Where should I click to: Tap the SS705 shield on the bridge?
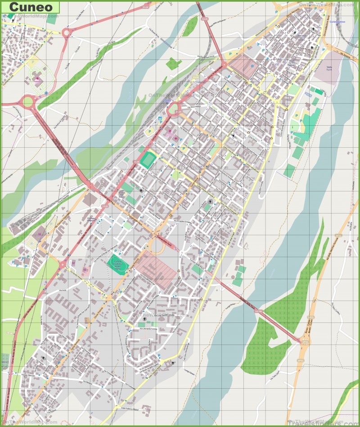point(258,311)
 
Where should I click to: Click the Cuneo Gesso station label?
point(337,22)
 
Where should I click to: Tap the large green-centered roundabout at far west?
point(28,102)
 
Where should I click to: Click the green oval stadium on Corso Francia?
point(117,263)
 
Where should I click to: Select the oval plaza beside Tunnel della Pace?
point(158,245)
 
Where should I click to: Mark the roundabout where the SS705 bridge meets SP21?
point(300,342)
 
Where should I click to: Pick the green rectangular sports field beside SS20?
point(147,160)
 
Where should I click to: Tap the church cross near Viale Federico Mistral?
point(173,363)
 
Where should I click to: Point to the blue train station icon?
point(160,118)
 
